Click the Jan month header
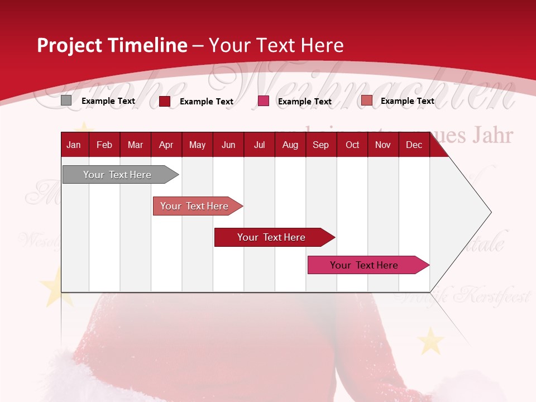click(74, 145)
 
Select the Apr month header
click(166, 145)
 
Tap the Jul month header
click(259, 145)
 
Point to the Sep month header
click(320, 145)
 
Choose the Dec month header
click(414, 145)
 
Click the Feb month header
click(104, 145)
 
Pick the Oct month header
click(352, 145)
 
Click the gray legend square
click(66, 100)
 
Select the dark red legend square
click(165, 101)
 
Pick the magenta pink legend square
click(264, 101)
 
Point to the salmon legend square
click(366, 100)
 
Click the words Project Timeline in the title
click(112, 45)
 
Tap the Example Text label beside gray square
click(108, 101)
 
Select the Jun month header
click(228, 145)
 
